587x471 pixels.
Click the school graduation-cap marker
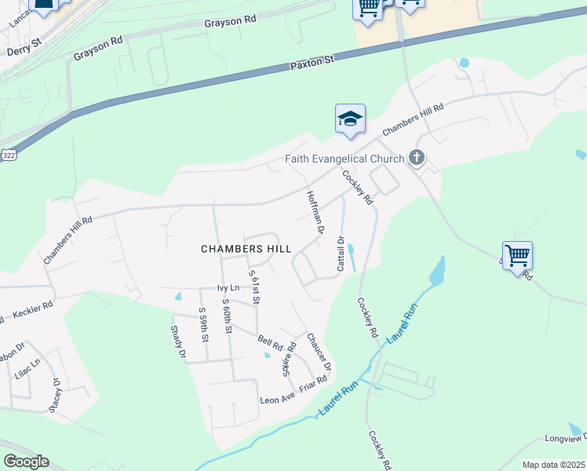(350, 119)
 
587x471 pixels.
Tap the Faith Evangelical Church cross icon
(417, 159)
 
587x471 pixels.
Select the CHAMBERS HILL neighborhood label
(246, 249)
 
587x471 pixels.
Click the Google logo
(26, 462)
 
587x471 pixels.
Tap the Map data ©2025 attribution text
(553, 465)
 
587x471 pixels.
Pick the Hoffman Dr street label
(315, 213)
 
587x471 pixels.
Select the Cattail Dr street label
(341, 254)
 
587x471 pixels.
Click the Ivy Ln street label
(228, 288)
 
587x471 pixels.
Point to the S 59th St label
(202, 323)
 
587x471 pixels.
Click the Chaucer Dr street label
(319, 351)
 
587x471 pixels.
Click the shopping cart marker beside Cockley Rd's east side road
(517, 255)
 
